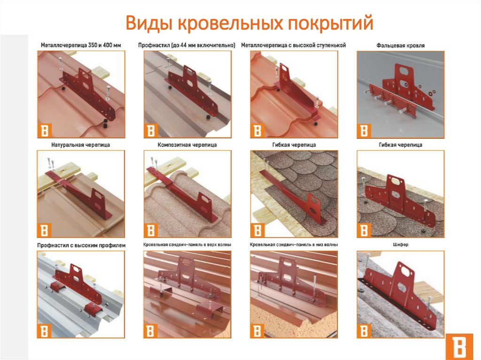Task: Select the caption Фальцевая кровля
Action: tap(400, 46)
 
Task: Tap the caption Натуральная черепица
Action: tap(81, 145)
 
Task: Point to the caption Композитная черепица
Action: tap(187, 145)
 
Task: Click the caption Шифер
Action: tap(400, 245)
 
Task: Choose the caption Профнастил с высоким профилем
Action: tap(81, 245)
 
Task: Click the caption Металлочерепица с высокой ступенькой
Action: tap(294, 46)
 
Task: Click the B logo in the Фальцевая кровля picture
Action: tap(364, 131)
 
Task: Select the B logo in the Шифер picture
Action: tap(364, 331)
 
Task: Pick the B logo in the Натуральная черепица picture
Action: tap(44, 230)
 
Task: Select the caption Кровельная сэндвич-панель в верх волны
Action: tap(187, 245)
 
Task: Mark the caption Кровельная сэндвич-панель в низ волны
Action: tap(294, 245)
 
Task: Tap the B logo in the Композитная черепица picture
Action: tap(151, 230)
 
